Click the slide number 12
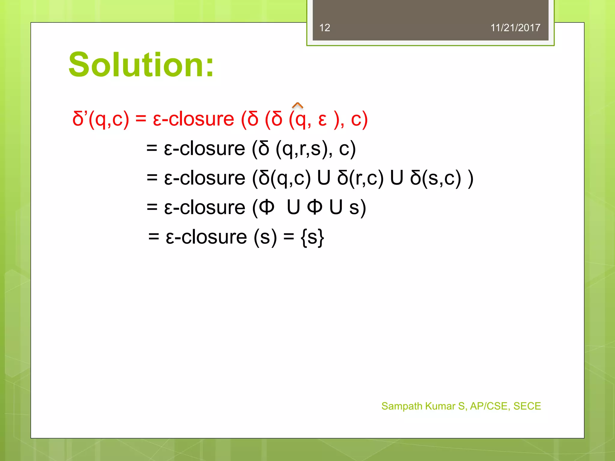325,28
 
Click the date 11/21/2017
515,28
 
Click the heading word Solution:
141,65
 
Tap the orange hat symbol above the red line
297,105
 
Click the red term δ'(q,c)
101,119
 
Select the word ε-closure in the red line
193,119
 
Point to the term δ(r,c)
360,178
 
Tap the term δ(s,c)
435,178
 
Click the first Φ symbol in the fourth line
267,207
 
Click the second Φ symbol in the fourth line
315,207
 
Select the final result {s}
312,237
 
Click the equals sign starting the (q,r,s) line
152,149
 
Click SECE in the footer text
527,406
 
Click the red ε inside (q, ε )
323,120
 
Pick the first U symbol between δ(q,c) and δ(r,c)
324,178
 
